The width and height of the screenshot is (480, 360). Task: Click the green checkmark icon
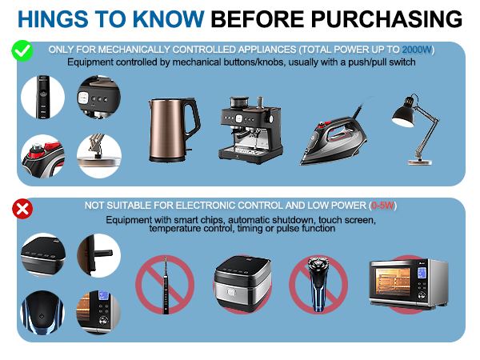click(22, 50)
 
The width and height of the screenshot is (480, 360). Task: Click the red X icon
click(22, 210)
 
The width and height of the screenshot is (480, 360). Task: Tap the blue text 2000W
click(417, 50)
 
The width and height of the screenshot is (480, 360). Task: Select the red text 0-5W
click(382, 206)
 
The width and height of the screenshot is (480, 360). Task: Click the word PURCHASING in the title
click(386, 19)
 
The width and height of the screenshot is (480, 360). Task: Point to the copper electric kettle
click(174, 130)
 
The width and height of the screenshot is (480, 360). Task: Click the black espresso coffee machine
click(250, 130)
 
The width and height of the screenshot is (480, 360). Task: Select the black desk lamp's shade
click(404, 112)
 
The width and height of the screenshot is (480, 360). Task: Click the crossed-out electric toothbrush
click(166, 285)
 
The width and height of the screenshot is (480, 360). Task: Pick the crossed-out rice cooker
click(242, 283)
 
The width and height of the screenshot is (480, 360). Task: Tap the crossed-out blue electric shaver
click(318, 284)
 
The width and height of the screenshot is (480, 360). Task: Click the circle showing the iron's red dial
click(43, 157)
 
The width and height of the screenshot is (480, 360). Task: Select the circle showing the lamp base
click(99, 156)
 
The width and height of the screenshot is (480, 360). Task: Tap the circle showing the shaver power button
click(42, 313)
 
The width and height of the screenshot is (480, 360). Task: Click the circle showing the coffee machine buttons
click(99, 97)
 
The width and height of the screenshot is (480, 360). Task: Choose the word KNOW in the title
click(168, 19)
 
